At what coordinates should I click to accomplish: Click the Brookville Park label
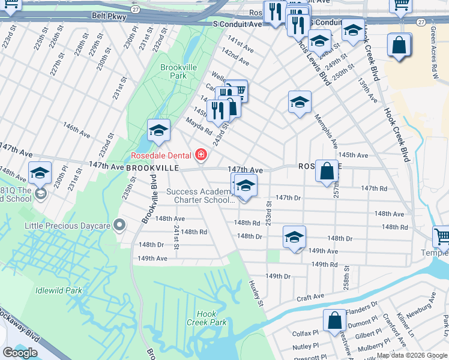point(178,72)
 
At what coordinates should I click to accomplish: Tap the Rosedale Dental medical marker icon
point(200,156)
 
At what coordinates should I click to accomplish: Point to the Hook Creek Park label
point(206,318)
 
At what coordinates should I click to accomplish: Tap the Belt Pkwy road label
point(110,17)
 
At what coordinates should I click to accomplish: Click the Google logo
point(20,353)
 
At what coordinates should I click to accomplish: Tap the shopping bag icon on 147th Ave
point(326,171)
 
